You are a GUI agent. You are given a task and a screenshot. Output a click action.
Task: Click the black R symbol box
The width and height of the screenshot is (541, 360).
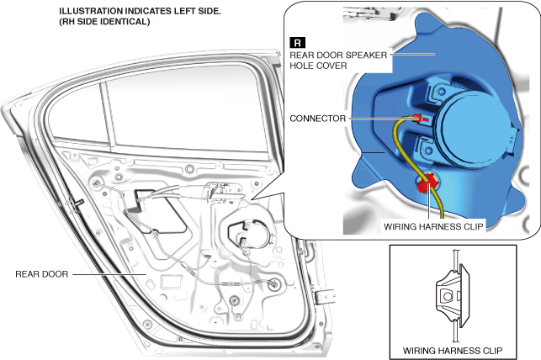(x=297, y=42)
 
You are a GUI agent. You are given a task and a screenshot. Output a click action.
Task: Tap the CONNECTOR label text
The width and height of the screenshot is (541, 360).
(x=317, y=119)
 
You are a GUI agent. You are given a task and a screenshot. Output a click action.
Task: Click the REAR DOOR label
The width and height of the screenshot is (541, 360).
(x=41, y=273)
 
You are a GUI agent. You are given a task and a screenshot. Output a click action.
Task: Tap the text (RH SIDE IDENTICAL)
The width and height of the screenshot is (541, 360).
(x=104, y=22)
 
